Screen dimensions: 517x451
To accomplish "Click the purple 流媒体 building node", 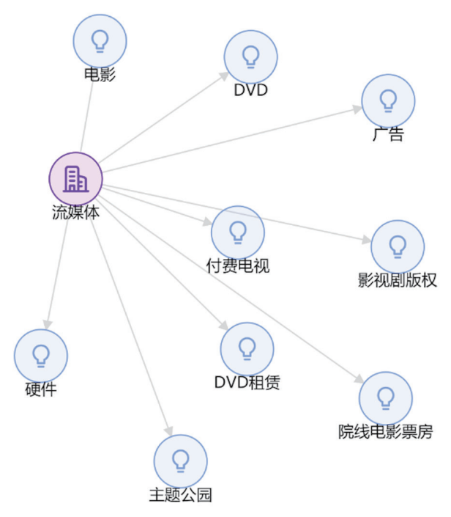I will (x=75, y=178).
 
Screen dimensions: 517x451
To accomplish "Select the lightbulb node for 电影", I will (x=100, y=40).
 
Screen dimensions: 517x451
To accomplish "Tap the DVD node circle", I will (x=250, y=56).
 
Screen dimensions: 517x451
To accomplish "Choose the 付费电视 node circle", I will (x=237, y=232).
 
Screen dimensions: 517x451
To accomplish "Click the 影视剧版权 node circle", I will (x=398, y=246).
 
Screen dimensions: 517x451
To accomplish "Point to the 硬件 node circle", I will (x=41, y=356).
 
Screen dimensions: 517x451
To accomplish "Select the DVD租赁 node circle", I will (x=247, y=348).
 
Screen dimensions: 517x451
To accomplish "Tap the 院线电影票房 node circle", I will (x=385, y=397).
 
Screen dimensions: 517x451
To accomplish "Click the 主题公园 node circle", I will (x=180, y=461).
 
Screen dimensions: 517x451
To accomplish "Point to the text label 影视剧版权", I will (x=398, y=280).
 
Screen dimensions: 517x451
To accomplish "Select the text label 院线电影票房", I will (x=385, y=432).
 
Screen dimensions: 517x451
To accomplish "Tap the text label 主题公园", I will (x=180, y=495).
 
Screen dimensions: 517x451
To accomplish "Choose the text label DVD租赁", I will (x=247, y=382).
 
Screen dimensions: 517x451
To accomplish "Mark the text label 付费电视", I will (x=238, y=265).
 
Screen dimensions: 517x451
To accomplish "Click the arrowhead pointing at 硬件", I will (x=47, y=323).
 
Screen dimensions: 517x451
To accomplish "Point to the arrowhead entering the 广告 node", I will (x=357, y=109).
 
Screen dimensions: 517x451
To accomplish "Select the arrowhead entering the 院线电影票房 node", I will (x=359, y=379).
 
